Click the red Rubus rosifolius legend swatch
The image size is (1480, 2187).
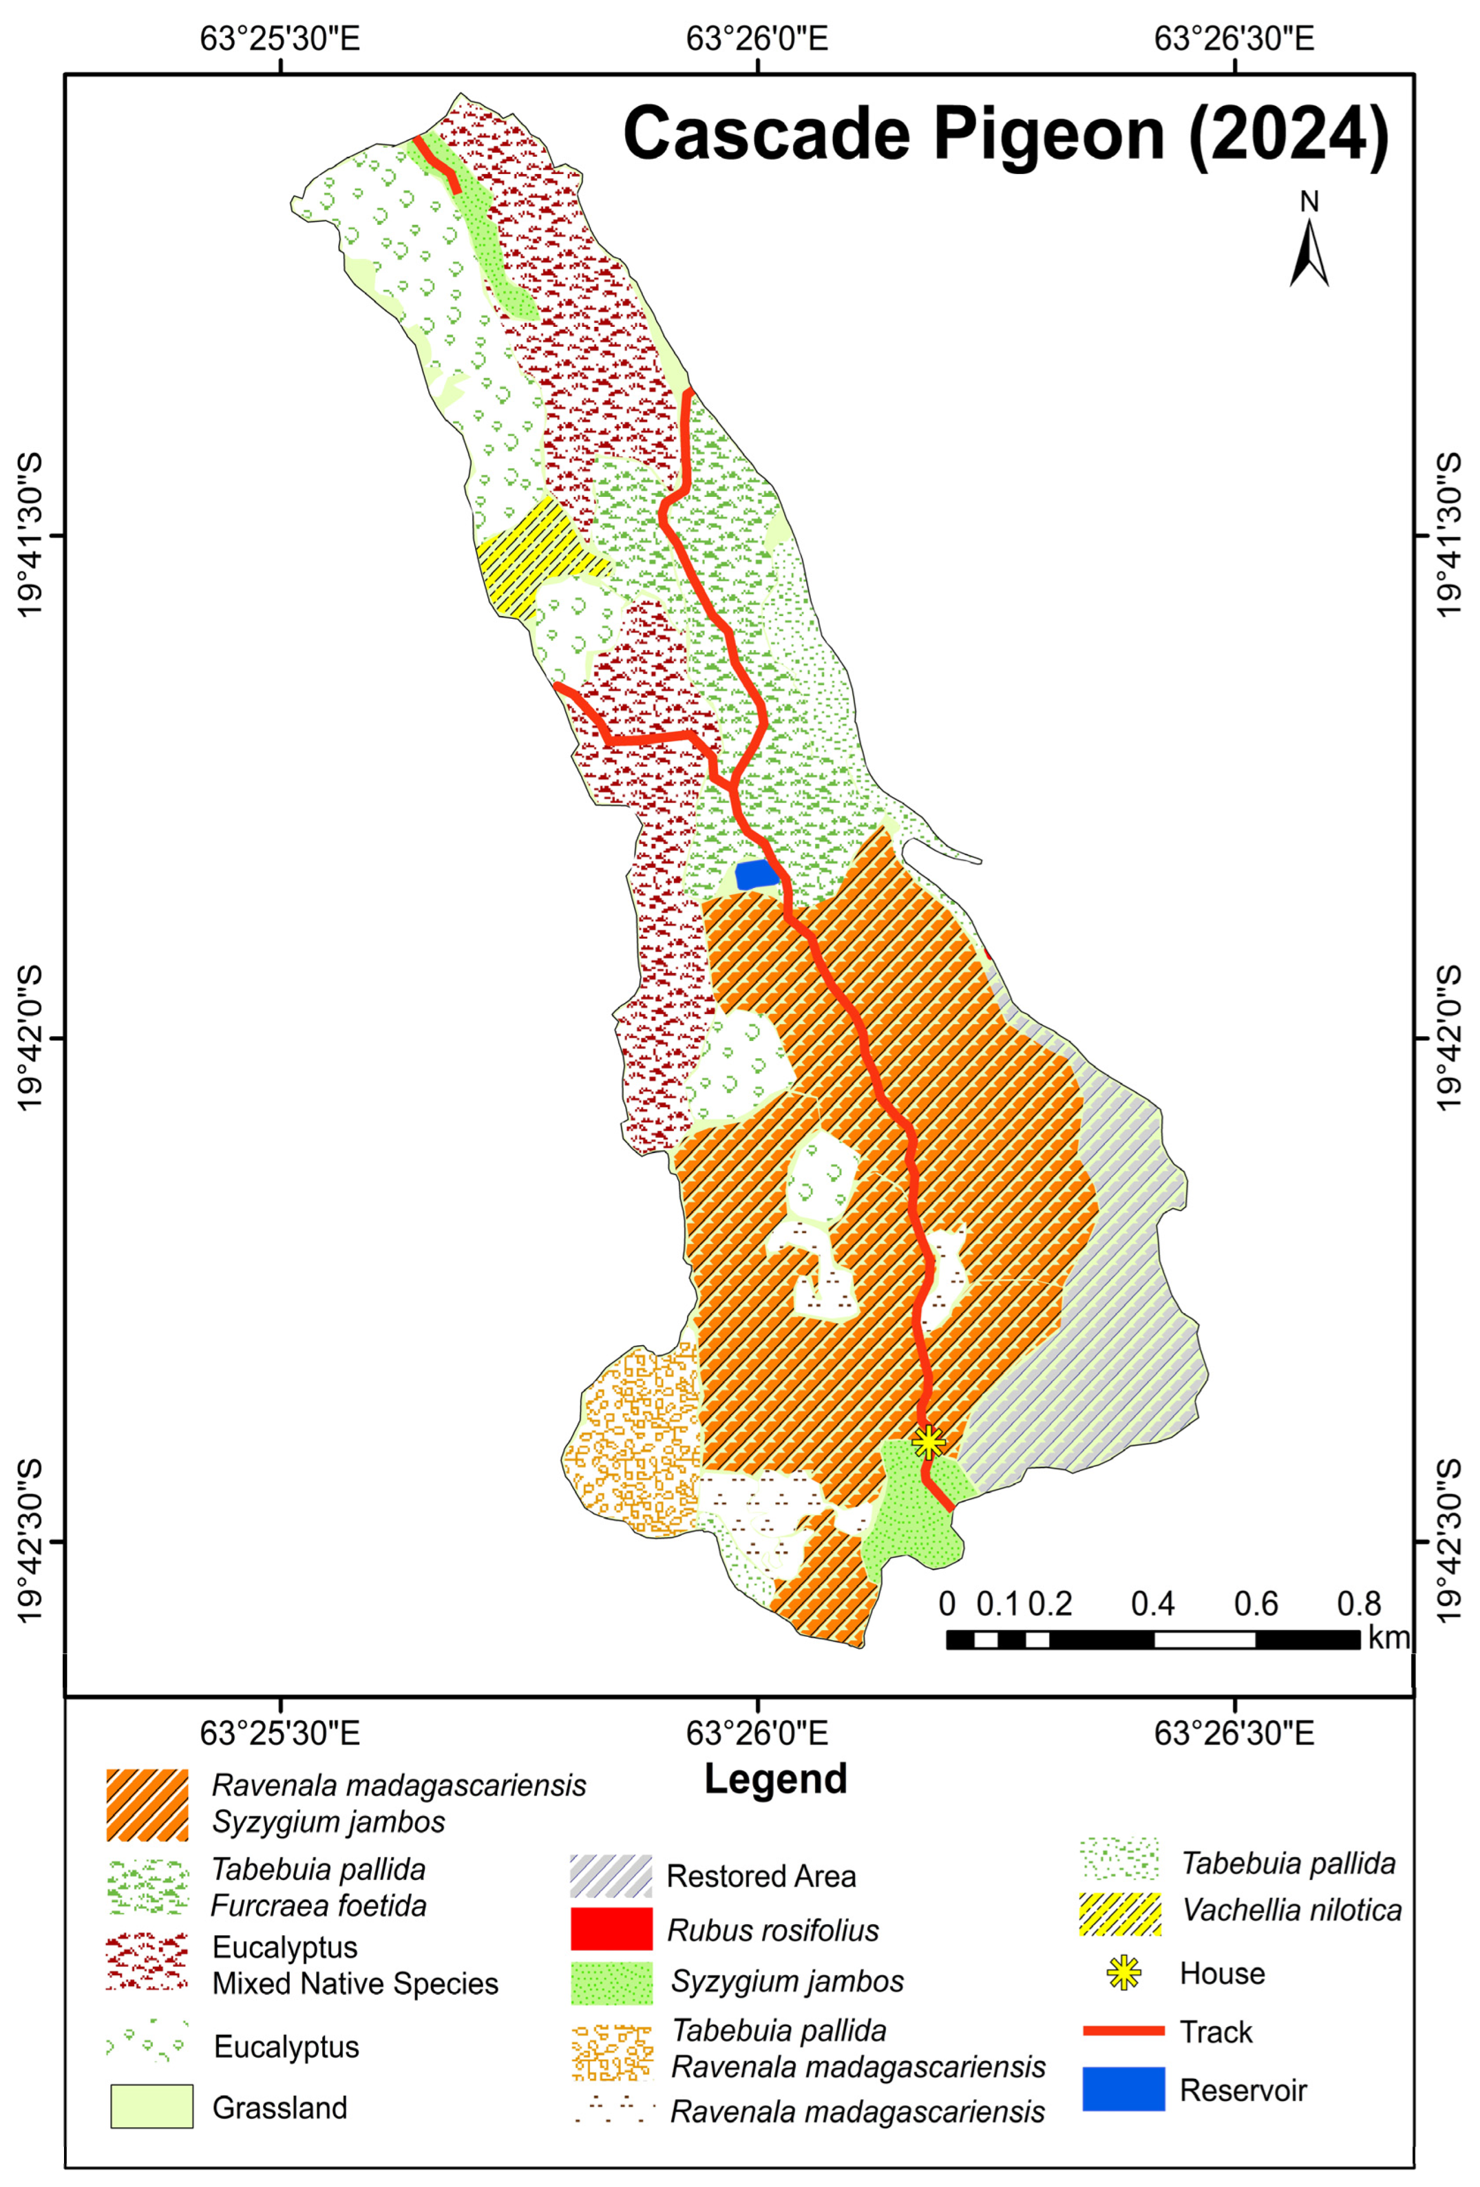[611, 1928]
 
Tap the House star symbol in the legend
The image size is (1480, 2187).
[1124, 1972]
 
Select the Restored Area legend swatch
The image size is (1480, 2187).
[611, 1876]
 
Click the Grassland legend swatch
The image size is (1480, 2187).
[152, 2106]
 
